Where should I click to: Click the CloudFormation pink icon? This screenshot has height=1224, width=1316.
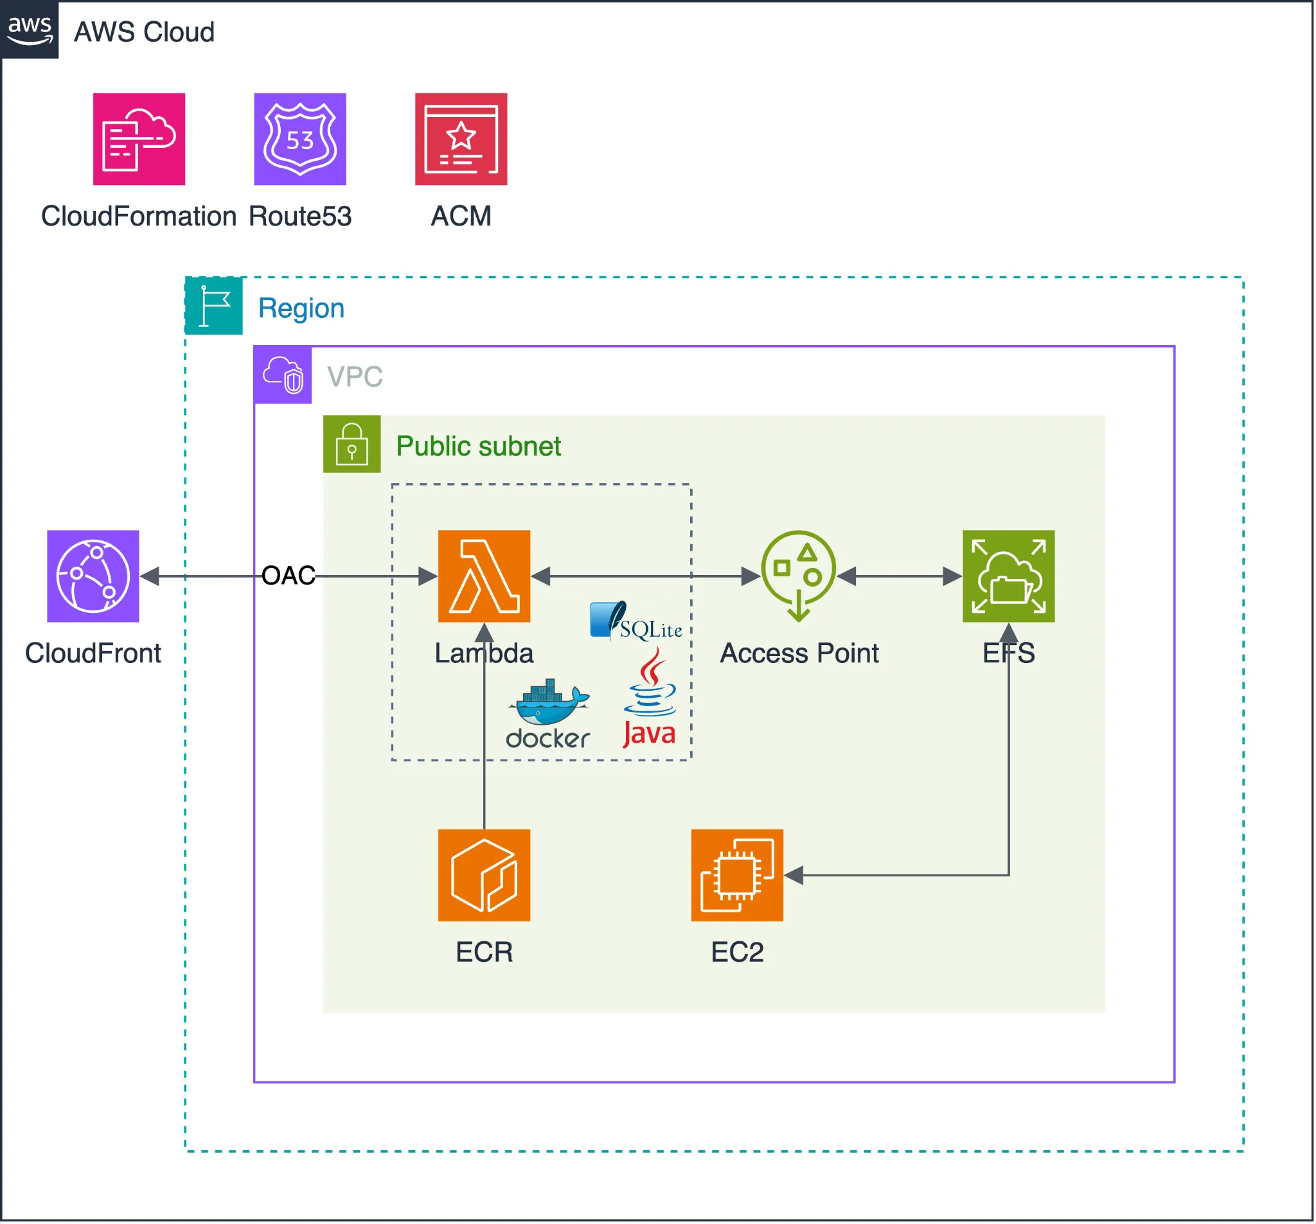pyautogui.click(x=139, y=139)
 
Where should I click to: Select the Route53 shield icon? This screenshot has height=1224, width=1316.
pyautogui.click(x=300, y=139)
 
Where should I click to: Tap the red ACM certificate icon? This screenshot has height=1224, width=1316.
pyautogui.click(x=461, y=139)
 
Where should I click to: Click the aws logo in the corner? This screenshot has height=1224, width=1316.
pyautogui.click(x=29, y=29)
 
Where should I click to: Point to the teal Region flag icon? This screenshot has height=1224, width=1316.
pyautogui.click(x=214, y=306)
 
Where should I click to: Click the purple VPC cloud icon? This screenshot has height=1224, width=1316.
pyautogui.click(x=283, y=375)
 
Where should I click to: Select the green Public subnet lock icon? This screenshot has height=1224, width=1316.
pyautogui.click(x=351, y=444)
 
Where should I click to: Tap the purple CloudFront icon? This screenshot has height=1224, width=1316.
pyautogui.click(x=93, y=576)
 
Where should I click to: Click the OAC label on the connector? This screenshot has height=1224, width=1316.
pyautogui.click(x=288, y=575)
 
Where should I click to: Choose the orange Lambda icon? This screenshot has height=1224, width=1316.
pyautogui.click(x=484, y=576)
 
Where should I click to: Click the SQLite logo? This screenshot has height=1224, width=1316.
pyautogui.click(x=636, y=621)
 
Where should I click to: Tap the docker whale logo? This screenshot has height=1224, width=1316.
pyautogui.click(x=548, y=714)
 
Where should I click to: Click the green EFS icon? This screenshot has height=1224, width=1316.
pyautogui.click(x=1008, y=576)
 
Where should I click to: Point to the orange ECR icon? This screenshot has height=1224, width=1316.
pyautogui.click(x=484, y=875)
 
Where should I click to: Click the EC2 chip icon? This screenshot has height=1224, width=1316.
pyautogui.click(x=737, y=875)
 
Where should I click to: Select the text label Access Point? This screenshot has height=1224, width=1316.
pyautogui.click(x=799, y=653)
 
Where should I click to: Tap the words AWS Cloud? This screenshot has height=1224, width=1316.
pyautogui.click(x=144, y=31)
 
